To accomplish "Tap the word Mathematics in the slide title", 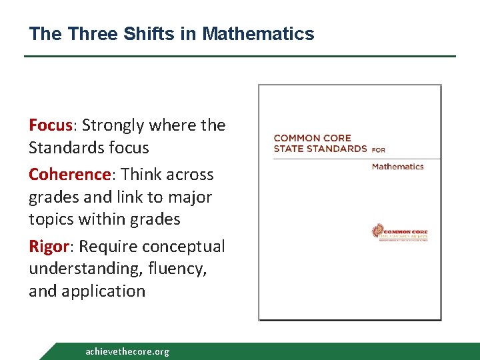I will tap(258, 33).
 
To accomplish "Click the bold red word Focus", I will tap(51, 125).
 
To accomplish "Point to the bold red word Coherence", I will tap(69, 175).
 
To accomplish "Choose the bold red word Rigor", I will tap(48, 247).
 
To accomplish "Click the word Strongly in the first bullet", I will tap(113, 125).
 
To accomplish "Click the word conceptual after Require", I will tap(185, 247).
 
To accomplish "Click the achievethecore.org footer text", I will tap(127, 351).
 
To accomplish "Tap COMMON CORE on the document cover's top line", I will tap(312, 138).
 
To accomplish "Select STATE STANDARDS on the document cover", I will tap(320, 149).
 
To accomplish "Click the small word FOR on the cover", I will tap(379, 150).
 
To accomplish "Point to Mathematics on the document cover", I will tap(397, 167).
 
